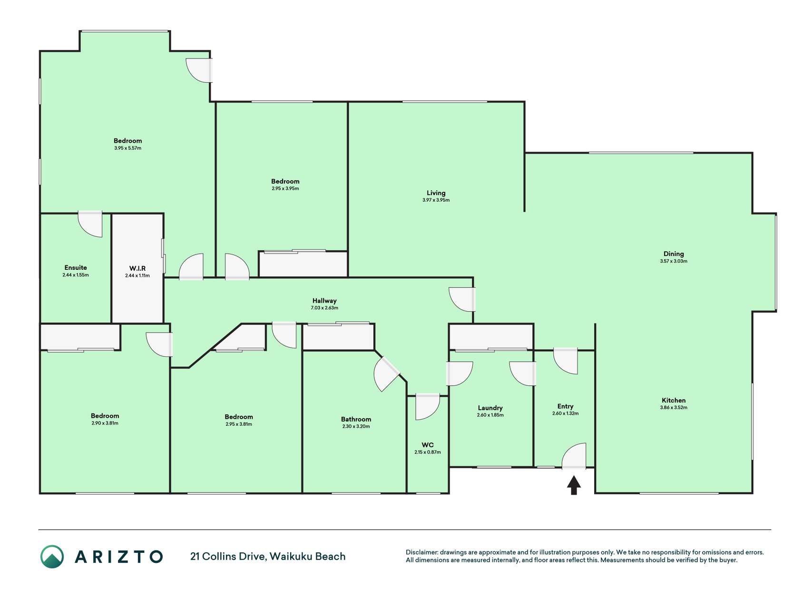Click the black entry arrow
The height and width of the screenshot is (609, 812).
(x=574, y=485)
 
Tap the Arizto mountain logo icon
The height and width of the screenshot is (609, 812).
(x=52, y=557)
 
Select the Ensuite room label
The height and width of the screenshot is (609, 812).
(x=76, y=267)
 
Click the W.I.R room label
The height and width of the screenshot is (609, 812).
(x=137, y=268)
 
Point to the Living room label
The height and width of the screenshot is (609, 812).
(x=436, y=193)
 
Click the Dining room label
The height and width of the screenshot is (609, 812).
(x=674, y=254)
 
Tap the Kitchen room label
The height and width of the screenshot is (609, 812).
(x=674, y=400)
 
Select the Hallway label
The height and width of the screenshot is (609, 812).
(x=324, y=301)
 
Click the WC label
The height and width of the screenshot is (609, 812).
(x=428, y=445)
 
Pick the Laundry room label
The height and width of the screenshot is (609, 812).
(x=490, y=408)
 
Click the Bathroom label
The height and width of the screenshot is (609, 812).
(x=356, y=419)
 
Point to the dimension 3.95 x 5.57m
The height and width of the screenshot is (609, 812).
(x=127, y=148)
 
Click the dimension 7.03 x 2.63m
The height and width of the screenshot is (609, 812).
(x=324, y=308)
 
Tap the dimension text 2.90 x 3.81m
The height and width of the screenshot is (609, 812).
(x=105, y=423)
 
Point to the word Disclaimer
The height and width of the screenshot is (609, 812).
(x=421, y=552)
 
